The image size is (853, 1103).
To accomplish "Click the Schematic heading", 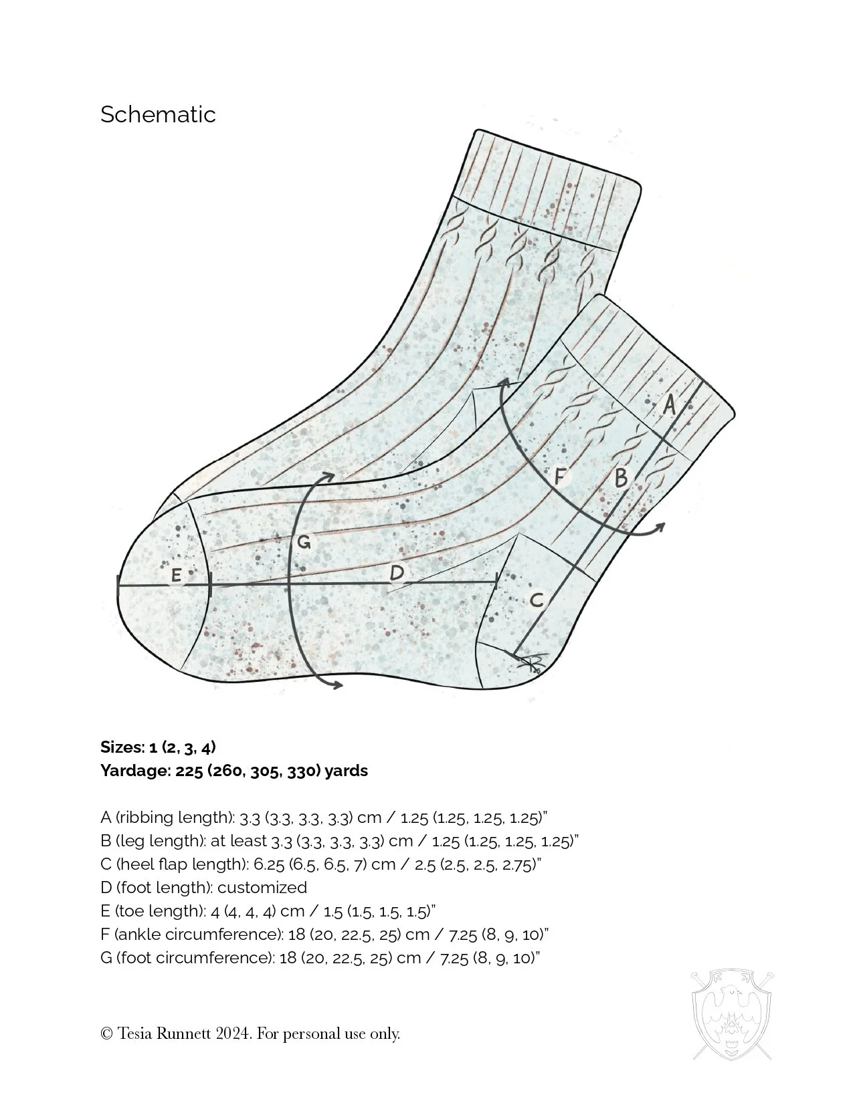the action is pos(158,114).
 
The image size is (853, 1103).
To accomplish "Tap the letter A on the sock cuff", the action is pos(668,404).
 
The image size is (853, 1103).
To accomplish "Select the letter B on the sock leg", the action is pos(621,478).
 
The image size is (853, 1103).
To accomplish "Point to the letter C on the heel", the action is pos(537,600).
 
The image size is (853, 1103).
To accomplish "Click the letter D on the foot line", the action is pos(397,573).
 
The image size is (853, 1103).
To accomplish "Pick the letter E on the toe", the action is pos(177,575).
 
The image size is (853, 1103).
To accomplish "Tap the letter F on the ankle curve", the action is pos(561,477).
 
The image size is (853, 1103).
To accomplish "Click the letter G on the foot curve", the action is pos(303,543).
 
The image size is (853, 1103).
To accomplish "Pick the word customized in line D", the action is pos(262,888).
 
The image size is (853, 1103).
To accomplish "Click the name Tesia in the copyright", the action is pos(134,1033).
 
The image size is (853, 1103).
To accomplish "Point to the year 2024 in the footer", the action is pos(233,1033).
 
